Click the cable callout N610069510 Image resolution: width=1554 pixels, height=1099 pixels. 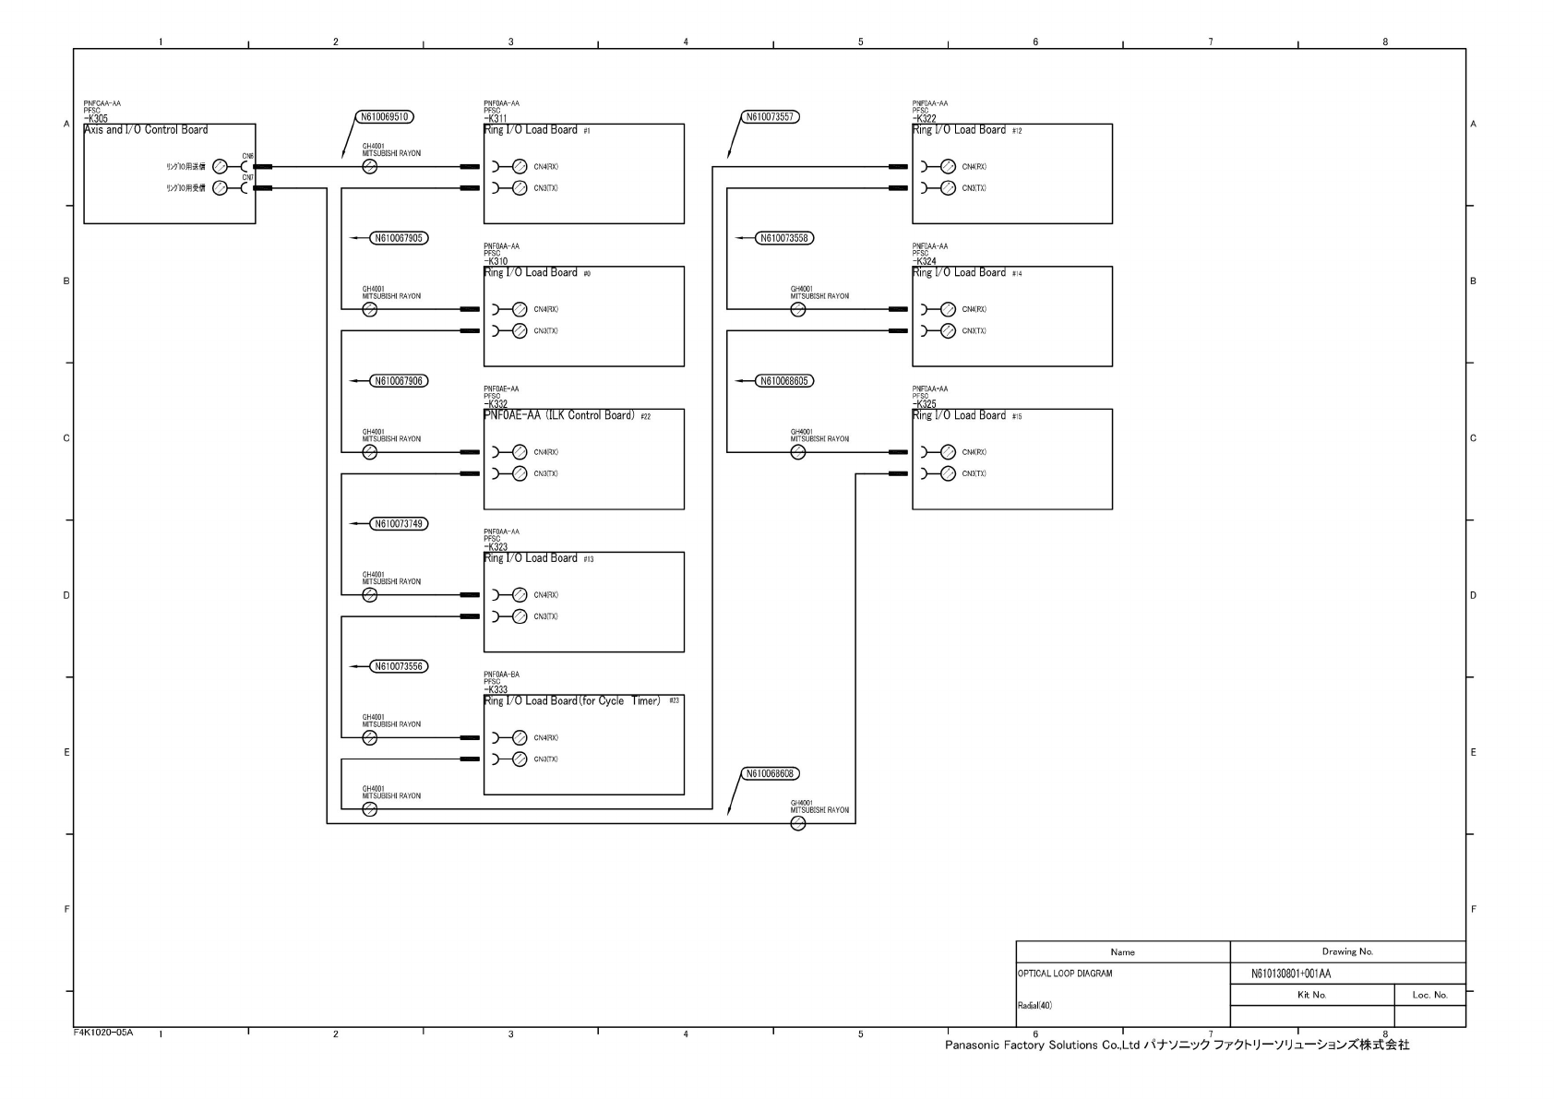pos(385,117)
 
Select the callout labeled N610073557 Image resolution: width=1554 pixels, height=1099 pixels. pos(770,117)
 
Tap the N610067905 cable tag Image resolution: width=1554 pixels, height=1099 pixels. pos(400,238)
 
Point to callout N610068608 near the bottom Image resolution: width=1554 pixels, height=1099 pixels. pos(770,774)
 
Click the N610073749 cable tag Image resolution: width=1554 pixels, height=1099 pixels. pos(400,524)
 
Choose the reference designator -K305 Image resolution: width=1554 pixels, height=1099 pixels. pos(95,119)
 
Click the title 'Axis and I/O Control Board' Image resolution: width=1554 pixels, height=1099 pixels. pos(146,130)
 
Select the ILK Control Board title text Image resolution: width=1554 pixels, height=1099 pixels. pos(559,415)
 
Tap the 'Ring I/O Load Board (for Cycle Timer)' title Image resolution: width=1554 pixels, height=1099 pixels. pos(572,701)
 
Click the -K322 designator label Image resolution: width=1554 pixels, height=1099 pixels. pos(924,119)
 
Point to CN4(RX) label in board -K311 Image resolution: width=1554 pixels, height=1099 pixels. pos(545,167)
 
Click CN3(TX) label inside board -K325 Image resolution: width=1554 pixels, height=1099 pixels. pos(974,474)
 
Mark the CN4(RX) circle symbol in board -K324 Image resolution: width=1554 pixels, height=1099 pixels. pos(948,310)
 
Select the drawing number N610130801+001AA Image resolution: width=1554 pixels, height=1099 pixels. pos(1290,974)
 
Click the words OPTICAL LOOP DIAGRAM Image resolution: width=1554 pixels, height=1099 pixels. pos(1064,974)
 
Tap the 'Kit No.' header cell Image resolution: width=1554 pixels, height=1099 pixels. pos(1311,995)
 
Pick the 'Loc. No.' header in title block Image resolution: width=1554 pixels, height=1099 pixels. pos(1429,995)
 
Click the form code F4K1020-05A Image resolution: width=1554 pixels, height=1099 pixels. pos(103,1033)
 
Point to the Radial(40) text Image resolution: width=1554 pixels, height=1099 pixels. pos(1034,1006)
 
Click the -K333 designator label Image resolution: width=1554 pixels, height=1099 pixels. pos(496,690)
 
